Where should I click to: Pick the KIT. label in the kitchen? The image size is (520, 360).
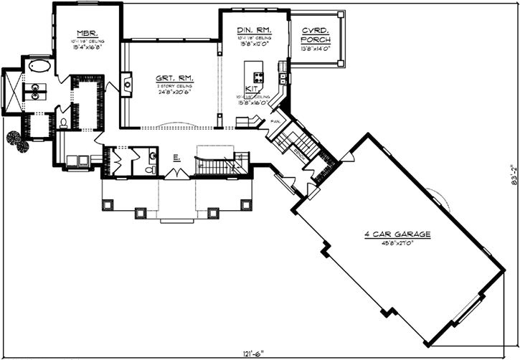coord(251,89)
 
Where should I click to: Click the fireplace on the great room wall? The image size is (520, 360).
coord(128,84)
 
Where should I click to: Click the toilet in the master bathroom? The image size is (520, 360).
coord(65,123)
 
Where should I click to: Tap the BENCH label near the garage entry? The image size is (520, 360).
coord(298,153)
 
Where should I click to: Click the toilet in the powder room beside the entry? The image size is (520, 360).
coord(150,169)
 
